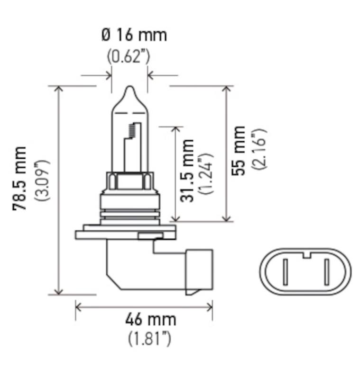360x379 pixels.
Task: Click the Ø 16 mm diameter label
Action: coord(134,35)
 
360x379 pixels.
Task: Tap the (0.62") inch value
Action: coord(128,56)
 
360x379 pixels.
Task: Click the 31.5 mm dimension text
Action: coord(188,171)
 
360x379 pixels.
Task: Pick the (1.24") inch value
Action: coord(206,173)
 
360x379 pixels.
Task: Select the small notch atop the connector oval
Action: coord(306,256)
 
